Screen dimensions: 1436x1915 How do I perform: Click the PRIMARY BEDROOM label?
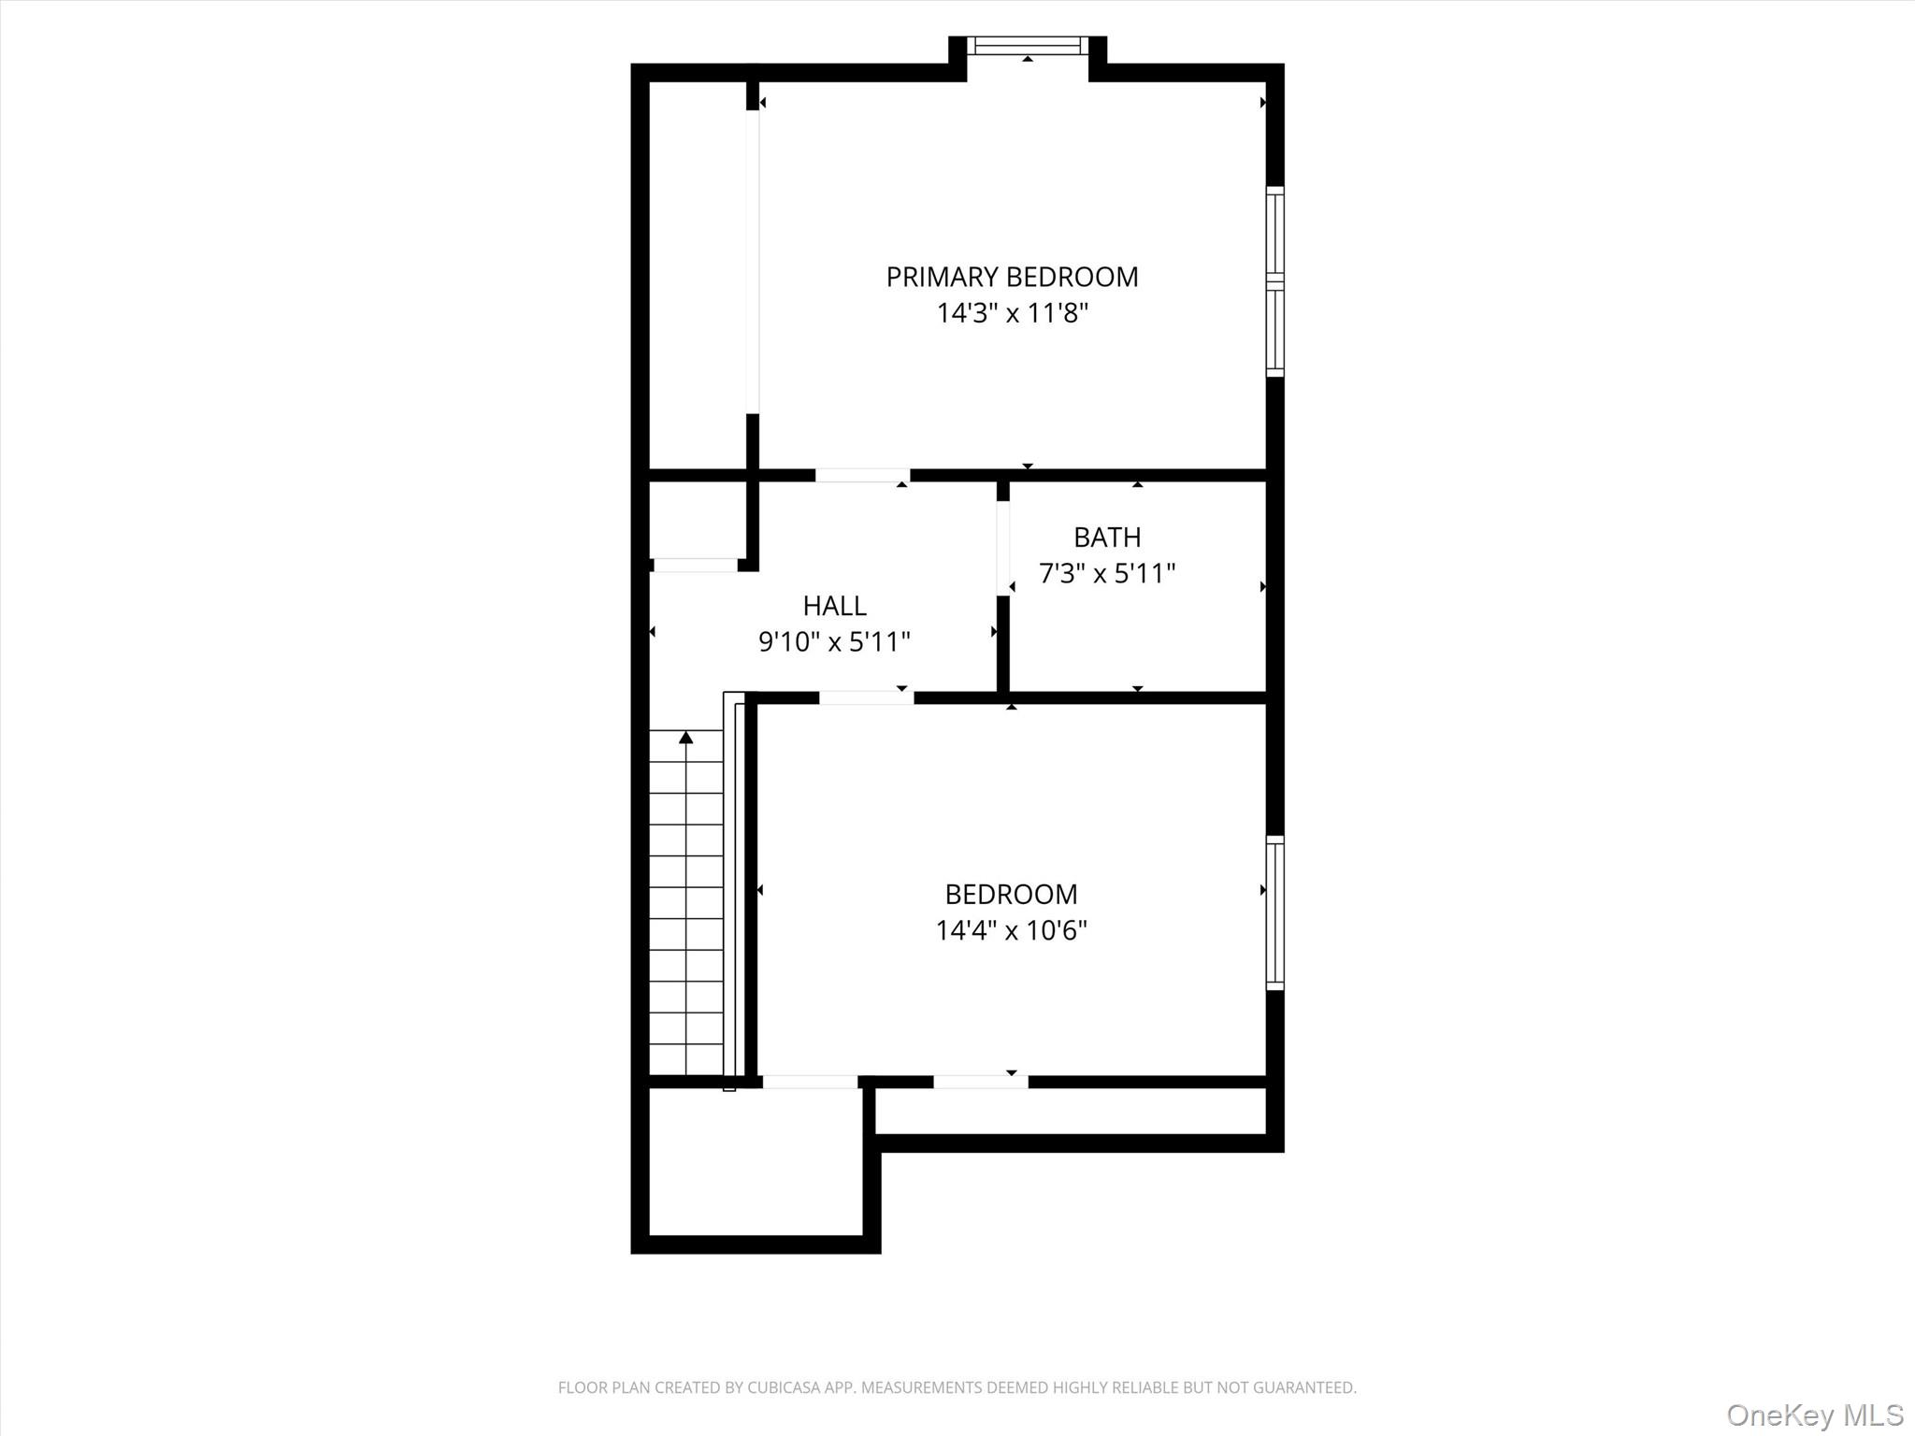tap(1012, 277)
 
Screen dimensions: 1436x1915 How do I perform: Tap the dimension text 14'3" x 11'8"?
tap(1013, 313)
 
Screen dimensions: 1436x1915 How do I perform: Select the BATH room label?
tap(1107, 538)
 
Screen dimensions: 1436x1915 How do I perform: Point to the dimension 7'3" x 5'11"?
tap(1107, 573)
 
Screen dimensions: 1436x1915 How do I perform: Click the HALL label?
tap(834, 606)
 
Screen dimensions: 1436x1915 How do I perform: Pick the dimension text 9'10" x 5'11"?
tap(834, 642)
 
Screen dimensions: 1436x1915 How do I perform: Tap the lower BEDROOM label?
tap(1011, 895)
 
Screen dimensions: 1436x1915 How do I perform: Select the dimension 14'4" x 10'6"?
tap(1011, 930)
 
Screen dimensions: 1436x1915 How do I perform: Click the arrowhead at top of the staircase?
tap(686, 738)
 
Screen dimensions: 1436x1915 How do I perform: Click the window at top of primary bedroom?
tap(1027, 45)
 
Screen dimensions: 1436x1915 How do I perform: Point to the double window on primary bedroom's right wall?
tap(1274, 281)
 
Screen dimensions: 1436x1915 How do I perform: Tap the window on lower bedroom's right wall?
tap(1274, 912)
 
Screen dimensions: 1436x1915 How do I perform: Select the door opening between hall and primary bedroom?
tap(862, 475)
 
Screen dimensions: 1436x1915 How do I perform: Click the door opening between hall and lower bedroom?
tap(866, 697)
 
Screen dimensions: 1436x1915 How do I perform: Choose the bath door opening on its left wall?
tap(1002, 549)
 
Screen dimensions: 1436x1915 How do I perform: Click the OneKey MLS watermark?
tap(1814, 1414)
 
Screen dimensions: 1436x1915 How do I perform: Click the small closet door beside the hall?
tap(695, 565)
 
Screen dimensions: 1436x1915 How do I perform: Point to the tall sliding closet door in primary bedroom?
tap(752, 262)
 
